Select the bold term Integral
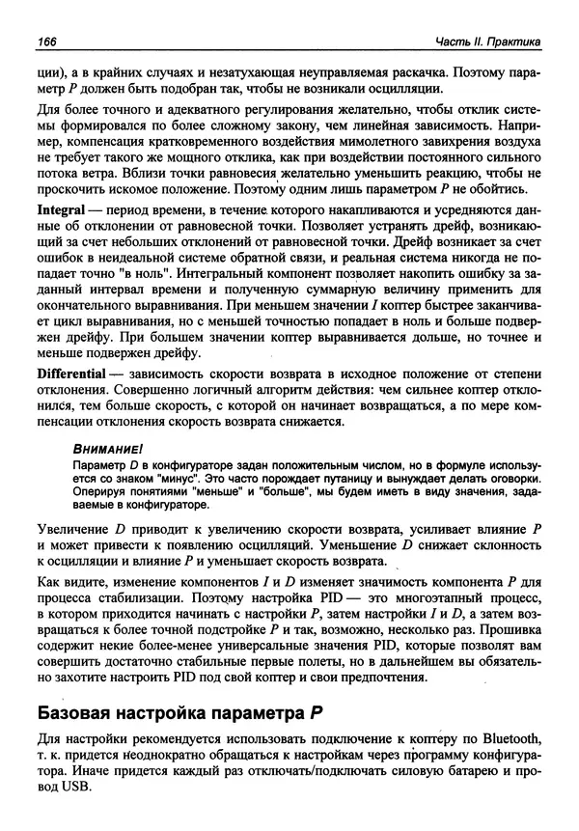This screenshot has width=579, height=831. [x=63, y=236]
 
